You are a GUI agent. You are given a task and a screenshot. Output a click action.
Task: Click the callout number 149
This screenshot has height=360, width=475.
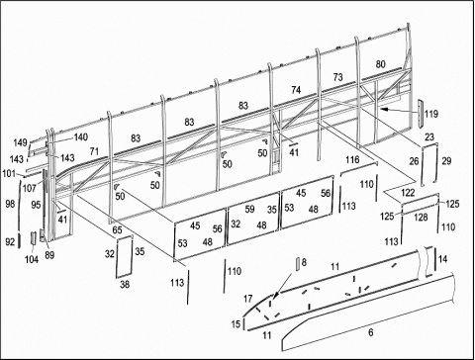[x=20, y=142]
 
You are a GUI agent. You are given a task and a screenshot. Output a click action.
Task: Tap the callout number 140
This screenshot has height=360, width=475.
[x=81, y=137]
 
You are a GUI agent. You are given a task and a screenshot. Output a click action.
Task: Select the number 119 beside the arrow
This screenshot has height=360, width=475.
[x=431, y=114]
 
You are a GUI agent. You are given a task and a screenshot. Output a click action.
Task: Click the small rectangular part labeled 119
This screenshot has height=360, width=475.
[x=421, y=114]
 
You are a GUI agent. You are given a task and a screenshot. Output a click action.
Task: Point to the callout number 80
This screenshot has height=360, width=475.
[x=381, y=64]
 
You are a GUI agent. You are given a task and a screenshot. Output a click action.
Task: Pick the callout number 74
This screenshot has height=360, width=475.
[x=296, y=90]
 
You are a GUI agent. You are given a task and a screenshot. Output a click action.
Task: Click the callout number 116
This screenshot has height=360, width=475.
[x=352, y=160]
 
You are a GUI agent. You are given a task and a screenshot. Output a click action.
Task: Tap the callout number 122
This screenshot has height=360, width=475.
[x=408, y=192]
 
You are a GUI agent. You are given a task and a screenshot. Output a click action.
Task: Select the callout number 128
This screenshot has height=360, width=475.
[x=421, y=218]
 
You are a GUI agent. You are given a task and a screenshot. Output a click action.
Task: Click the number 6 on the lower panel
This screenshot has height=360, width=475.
[x=371, y=332]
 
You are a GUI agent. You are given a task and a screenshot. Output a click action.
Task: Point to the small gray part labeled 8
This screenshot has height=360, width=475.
[x=297, y=264]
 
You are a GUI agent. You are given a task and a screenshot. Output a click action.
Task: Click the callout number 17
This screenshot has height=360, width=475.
[x=247, y=299]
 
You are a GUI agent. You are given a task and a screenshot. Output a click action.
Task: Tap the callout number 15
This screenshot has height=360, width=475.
[x=236, y=324]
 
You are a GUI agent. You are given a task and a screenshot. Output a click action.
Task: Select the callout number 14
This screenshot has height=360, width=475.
[x=442, y=259]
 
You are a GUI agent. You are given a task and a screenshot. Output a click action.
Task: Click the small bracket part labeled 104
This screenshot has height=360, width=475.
[x=34, y=238]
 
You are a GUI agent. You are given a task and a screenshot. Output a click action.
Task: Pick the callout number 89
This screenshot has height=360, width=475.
[x=49, y=255]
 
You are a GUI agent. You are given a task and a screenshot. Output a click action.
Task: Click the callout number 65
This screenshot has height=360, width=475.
[x=117, y=230]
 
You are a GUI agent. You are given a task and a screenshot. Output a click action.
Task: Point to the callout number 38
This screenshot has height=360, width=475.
[x=125, y=284]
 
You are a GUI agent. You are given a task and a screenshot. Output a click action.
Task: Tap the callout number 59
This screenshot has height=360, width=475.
[x=249, y=210]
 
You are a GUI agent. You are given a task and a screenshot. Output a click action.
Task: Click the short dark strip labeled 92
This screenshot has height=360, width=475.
[x=20, y=241]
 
